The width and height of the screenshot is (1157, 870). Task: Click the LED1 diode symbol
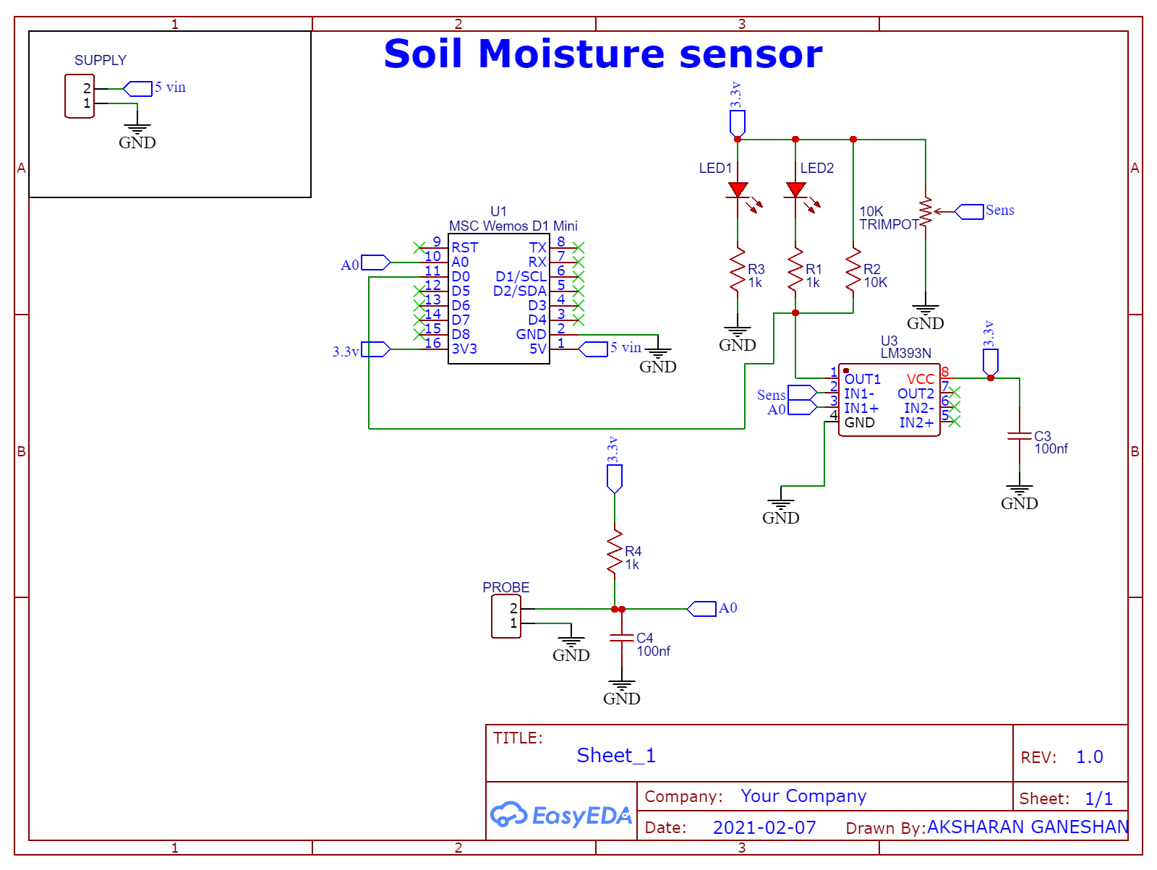738,190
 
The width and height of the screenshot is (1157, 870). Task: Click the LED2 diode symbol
795,190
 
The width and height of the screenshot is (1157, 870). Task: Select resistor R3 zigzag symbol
738,270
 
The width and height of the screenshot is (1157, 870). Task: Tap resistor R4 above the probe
615,551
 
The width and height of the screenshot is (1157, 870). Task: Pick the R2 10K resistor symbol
853,270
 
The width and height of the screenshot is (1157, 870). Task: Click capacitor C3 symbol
1020,436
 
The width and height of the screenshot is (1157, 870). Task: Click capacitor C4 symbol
622,638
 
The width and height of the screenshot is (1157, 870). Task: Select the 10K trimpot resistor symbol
926,212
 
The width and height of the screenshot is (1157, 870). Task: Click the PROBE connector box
506,616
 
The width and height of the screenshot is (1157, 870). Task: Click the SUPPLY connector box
80,95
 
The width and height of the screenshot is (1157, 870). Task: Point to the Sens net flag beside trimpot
969,211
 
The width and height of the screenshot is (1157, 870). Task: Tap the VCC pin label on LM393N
920,380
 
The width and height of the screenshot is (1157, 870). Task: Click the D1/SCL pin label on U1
521,277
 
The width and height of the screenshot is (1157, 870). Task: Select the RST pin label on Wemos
464,248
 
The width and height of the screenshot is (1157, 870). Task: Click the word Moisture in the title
571,54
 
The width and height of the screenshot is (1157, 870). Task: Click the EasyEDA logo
560,815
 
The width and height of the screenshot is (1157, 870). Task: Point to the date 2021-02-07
764,827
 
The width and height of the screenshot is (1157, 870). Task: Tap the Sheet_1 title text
616,756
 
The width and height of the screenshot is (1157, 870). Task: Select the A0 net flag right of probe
701,609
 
